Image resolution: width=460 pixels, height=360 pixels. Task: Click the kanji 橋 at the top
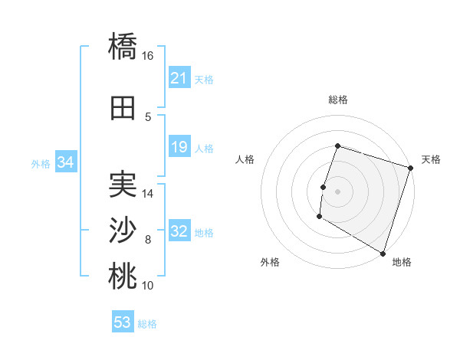click(123, 46)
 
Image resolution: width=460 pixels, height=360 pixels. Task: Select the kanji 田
click(123, 108)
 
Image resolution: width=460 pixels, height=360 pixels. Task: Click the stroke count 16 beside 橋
click(148, 56)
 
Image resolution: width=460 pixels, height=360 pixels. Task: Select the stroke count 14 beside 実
click(148, 194)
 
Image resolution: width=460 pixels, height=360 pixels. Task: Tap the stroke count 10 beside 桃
click(148, 286)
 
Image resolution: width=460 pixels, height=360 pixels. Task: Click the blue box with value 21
click(179, 78)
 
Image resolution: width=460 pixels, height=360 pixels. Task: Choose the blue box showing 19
click(179, 147)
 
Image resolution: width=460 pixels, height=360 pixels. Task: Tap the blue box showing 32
click(179, 231)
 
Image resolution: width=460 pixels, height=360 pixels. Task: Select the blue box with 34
click(65, 162)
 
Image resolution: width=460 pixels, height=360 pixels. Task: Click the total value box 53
click(123, 322)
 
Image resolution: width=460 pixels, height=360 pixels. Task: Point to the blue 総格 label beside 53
click(147, 324)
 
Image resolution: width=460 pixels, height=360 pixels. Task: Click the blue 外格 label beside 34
click(41, 163)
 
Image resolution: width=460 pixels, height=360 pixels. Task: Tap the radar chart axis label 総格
click(337, 100)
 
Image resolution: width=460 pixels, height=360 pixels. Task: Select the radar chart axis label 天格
click(431, 159)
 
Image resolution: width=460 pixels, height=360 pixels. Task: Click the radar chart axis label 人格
click(245, 159)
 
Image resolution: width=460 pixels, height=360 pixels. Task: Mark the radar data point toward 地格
click(383, 253)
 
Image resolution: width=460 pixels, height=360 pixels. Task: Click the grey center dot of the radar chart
click(337, 191)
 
